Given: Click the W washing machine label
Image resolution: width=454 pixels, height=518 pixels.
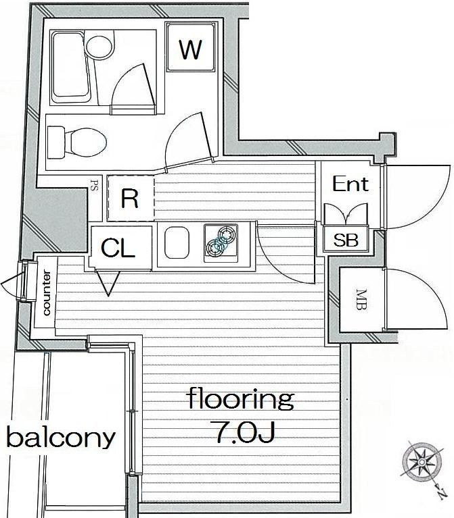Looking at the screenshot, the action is (190, 49).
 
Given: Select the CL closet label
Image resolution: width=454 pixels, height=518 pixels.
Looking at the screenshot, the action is (118, 248).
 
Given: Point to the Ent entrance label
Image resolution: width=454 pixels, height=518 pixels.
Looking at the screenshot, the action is (350, 184).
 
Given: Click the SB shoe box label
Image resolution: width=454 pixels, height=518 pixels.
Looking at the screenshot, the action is (346, 240).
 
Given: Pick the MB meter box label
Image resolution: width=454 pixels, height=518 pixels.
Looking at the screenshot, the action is (361, 299).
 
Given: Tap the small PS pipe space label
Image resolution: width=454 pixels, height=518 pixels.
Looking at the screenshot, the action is (94, 185).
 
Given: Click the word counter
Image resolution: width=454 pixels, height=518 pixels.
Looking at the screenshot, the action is (46, 292).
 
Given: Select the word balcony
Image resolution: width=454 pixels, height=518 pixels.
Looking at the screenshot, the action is (61, 438).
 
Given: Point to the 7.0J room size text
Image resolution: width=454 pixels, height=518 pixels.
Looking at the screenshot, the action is (245, 432).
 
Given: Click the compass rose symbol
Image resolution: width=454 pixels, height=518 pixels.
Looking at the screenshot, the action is (422, 460).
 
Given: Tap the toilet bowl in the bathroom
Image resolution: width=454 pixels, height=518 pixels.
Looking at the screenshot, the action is (77, 143).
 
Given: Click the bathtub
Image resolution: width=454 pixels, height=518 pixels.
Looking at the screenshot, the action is (70, 68).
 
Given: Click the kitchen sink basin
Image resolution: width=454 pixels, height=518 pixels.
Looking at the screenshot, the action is (177, 243).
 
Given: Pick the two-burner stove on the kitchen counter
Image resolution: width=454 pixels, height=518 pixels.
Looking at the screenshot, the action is (221, 243).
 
